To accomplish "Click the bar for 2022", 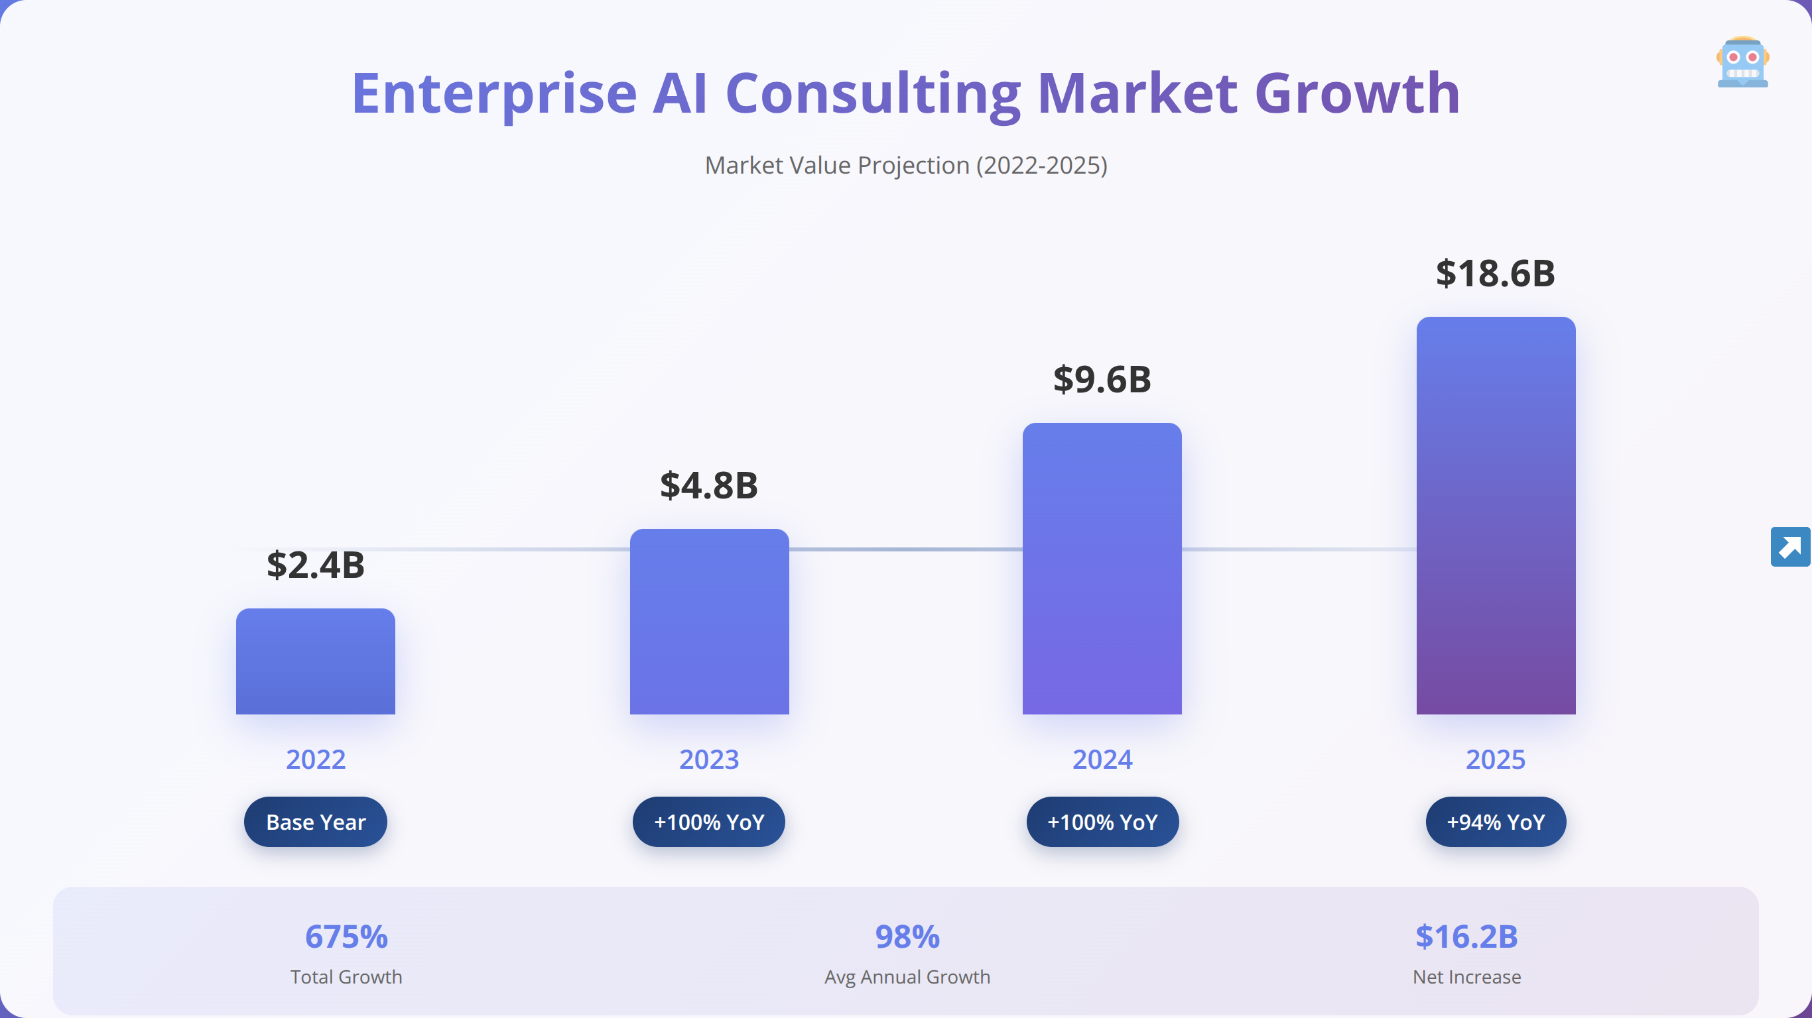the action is tap(315, 661).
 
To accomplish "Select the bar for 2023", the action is tap(709, 622).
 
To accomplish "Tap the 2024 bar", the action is tap(1102, 568).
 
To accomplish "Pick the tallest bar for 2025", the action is tap(1496, 516).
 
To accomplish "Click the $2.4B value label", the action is tap(316, 565).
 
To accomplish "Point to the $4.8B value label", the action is tap(709, 485).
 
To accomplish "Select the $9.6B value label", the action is tap(1102, 379).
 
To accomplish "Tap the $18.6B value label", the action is tap(1496, 273).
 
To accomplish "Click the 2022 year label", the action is tap(316, 760).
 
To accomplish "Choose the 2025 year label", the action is tap(1496, 760).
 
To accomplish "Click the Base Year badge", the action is tap(316, 822).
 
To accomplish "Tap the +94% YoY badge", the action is tap(1496, 822).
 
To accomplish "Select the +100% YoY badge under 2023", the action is tap(709, 822).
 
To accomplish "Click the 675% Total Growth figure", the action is tap(346, 936).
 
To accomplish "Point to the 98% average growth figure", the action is tap(907, 936).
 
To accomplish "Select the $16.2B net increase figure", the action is tap(1466, 936).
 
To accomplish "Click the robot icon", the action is tap(1742, 62).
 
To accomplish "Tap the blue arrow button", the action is tap(1790, 546).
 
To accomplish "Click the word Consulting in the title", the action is tap(873, 94).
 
